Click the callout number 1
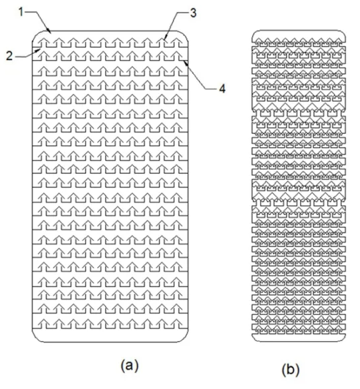[21, 12]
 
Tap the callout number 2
[9, 56]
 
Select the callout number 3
[194, 13]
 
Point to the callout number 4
[222, 89]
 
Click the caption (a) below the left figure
[130, 366]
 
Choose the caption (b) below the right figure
[291, 369]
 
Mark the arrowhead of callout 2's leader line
[39, 50]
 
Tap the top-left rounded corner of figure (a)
[37, 35]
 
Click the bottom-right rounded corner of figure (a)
[184, 338]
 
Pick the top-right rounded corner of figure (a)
[184, 35]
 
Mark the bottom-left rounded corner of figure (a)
[37, 338]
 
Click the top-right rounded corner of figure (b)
[343, 33]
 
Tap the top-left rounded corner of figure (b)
[254, 33]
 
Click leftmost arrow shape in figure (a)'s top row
[44, 42]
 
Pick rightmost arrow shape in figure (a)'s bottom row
[178, 324]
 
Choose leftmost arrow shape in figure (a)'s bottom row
[44, 324]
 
